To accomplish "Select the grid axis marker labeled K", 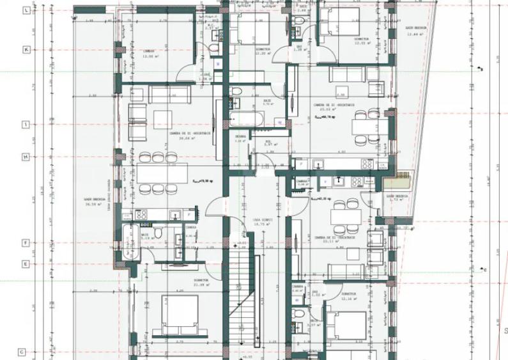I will pos(26,49).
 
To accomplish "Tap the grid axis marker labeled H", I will pos(26,157).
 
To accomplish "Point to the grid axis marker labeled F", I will pos(26,243).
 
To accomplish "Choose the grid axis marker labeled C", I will pos(21,352).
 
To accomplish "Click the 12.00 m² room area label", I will pos(150,56).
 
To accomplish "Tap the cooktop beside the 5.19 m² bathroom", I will pos(141,214).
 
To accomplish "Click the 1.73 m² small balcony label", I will pos(397,198).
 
